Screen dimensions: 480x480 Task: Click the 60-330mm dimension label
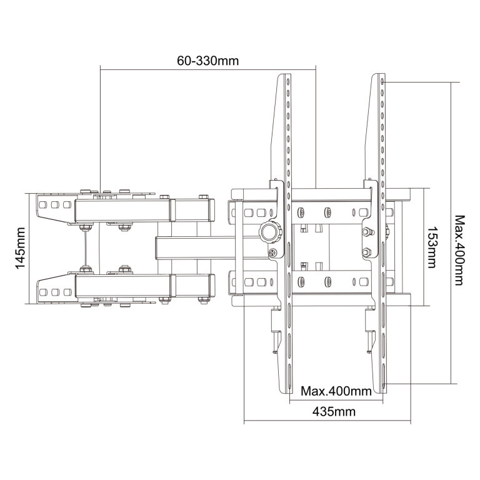click(x=208, y=61)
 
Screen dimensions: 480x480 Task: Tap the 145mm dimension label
click(x=20, y=248)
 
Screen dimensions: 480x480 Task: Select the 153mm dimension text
click(x=431, y=247)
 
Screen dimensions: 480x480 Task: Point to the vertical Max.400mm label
click(x=459, y=251)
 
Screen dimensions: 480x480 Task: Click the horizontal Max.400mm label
click(x=336, y=391)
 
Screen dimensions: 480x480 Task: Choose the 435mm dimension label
click(x=334, y=412)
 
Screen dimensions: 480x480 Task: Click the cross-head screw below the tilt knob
click(x=272, y=252)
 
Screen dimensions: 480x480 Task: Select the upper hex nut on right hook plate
click(x=367, y=231)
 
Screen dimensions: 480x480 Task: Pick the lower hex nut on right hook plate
click(x=366, y=252)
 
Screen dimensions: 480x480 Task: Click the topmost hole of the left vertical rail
click(x=288, y=82)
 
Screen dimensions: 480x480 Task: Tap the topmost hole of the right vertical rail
click(x=382, y=82)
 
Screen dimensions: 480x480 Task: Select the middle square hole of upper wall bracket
click(x=55, y=205)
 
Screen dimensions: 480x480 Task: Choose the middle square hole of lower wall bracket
click(x=56, y=292)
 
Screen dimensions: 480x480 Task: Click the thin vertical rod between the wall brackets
click(x=86, y=249)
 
